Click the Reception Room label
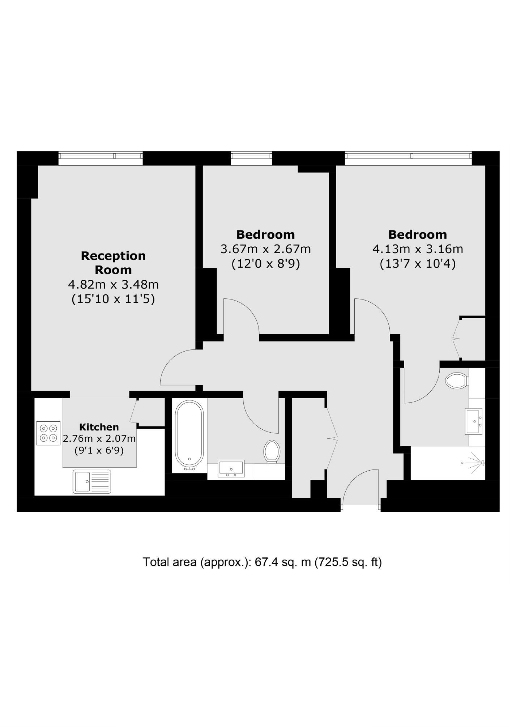point(113,263)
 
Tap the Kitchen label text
point(99,427)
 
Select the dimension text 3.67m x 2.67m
point(265,249)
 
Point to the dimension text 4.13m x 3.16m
point(418,249)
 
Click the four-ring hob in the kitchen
point(48,433)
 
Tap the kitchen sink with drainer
point(92,481)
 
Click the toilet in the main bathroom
point(272,451)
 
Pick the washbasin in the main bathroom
point(231,469)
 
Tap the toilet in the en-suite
point(457,381)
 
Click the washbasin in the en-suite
point(474,421)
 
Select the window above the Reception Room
point(101,156)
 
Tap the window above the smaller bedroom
point(251,156)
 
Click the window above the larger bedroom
point(408,156)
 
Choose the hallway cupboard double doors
point(332,438)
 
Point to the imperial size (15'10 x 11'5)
point(113,299)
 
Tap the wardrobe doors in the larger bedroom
point(456,339)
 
